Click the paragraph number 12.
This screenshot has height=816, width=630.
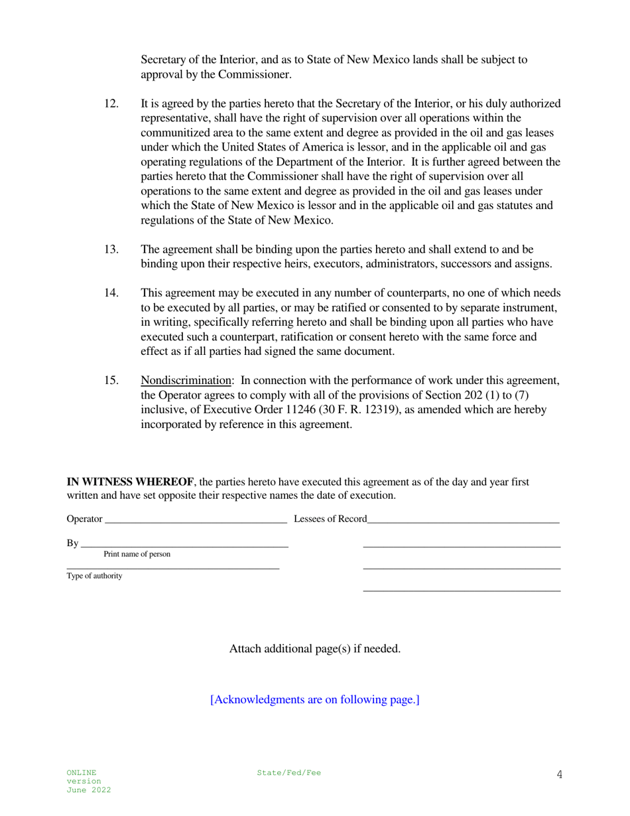111,103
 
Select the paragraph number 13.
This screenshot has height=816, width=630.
111,249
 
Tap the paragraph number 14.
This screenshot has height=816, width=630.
111,293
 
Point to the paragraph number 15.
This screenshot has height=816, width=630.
111,381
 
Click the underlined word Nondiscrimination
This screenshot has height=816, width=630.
186,381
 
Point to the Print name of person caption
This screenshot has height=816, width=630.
137,554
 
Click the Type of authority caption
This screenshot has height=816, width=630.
94,576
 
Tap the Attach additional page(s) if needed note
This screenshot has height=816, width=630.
314,649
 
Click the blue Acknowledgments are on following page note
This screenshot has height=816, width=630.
314,700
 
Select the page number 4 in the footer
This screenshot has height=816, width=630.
560,774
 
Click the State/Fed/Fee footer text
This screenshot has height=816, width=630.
288,773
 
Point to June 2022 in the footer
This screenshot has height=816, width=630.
88,790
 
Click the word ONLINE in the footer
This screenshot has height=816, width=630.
81,773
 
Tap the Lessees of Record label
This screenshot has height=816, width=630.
330,519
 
